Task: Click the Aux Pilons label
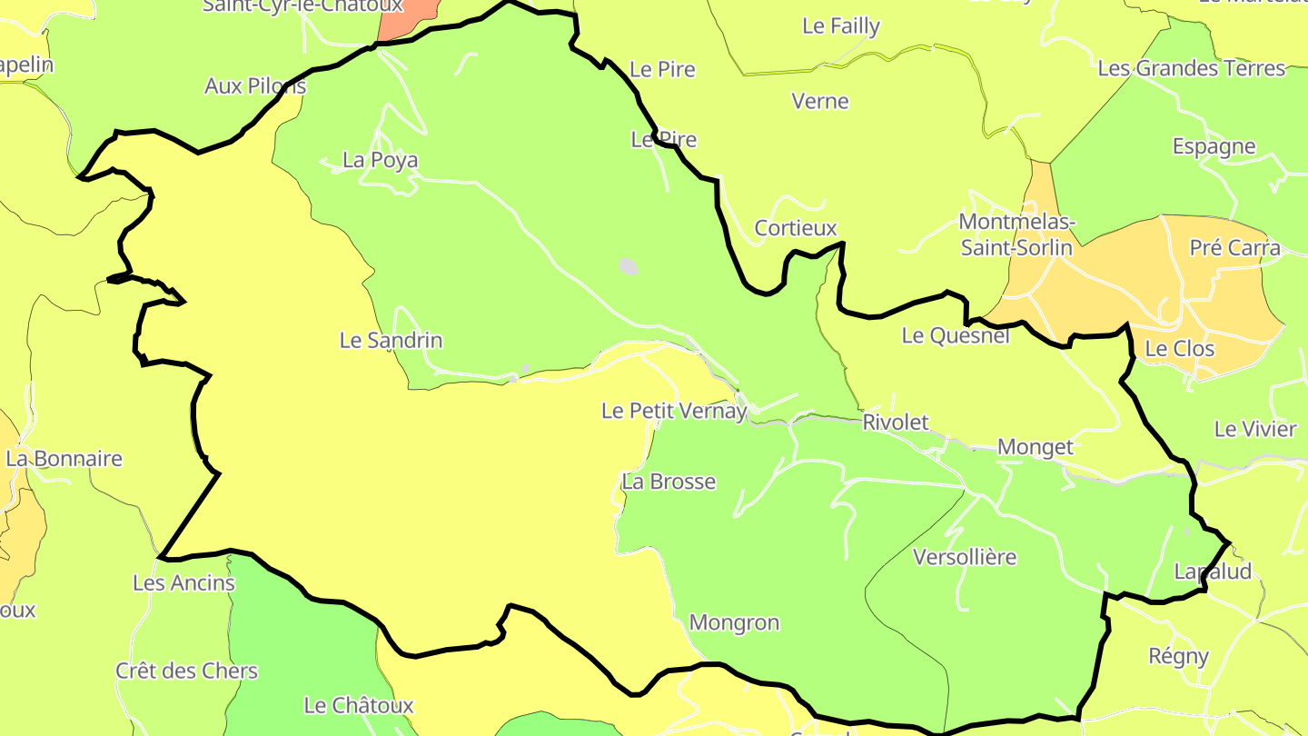click(x=255, y=86)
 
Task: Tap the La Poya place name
click(x=380, y=161)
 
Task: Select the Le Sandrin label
click(x=391, y=341)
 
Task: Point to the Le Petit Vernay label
click(x=674, y=411)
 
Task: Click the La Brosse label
click(x=669, y=482)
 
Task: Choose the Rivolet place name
click(x=896, y=423)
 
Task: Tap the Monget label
click(x=1035, y=447)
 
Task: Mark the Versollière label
click(x=965, y=557)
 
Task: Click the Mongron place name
click(x=734, y=623)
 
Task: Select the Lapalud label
click(x=1213, y=572)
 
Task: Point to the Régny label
click(x=1179, y=656)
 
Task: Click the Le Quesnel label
click(x=956, y=336)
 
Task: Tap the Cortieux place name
click(x=796, y=228)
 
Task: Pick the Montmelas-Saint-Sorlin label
click(x=1017, y=235)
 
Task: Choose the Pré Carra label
click(x=1235, y=248)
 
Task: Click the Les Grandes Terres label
click(x=1192, y=68)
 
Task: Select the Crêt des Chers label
click(x=186, y=671)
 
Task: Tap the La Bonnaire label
click(x=64, y=459)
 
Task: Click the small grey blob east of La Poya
click(x=628, y=266)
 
